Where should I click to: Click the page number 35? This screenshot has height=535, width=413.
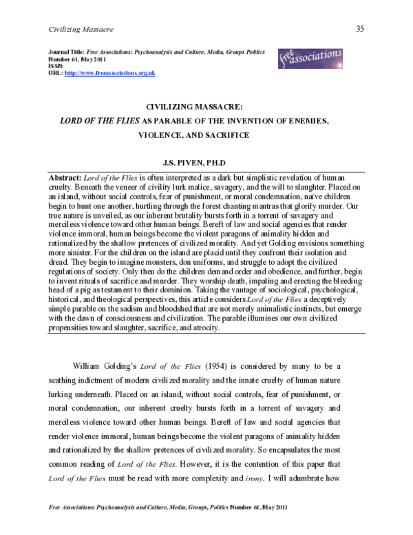click(x=360, y=28)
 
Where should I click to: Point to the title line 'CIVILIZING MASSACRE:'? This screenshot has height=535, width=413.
click(x=206, y=108)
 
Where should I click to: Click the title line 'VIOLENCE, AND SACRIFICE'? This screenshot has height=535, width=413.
click(x=206, y=136)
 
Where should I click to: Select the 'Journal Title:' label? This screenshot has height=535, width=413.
click(x=67, y=52)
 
